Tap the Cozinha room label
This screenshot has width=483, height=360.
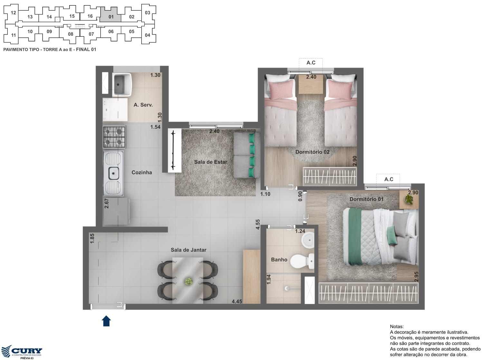142,172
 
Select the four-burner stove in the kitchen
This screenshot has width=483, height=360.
114,137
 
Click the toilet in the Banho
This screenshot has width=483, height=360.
302,261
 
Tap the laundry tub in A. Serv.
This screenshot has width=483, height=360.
122,84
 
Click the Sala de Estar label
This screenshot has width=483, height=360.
211,162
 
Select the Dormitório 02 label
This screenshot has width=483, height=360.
312,152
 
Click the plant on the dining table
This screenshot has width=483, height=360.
188,281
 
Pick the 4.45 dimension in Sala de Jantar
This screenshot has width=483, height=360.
237,301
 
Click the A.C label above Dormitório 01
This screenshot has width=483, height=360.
389,179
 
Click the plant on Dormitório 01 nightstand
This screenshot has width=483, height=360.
409,199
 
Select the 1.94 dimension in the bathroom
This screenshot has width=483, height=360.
269,279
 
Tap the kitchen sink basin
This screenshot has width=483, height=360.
114,173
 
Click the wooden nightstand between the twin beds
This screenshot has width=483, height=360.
311,84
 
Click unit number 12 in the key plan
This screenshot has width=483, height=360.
14,13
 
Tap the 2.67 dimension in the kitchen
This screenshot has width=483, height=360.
107,204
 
